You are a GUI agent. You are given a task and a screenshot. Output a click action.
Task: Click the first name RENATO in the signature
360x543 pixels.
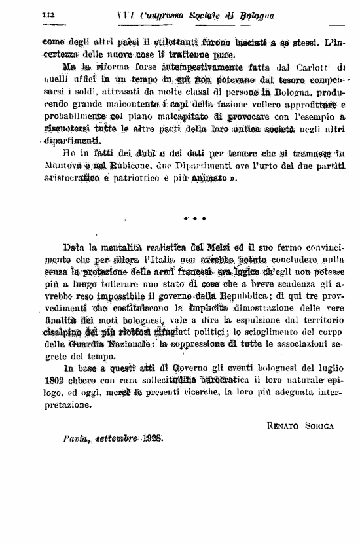[283, 425]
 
